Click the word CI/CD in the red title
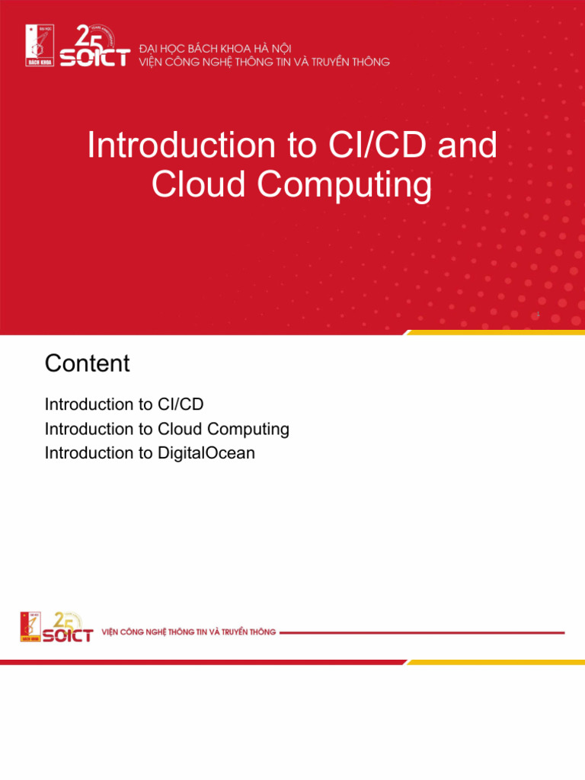(x=388, y=145)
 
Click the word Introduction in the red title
(x=182, y=145)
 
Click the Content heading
(x=88, y=363)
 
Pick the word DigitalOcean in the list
(x=206, y=453)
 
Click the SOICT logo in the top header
(x=94, y=48)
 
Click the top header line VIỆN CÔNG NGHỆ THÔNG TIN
(x=264, y=62)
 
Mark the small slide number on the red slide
(x=539, y=314)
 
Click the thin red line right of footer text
(x=423, y=632)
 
